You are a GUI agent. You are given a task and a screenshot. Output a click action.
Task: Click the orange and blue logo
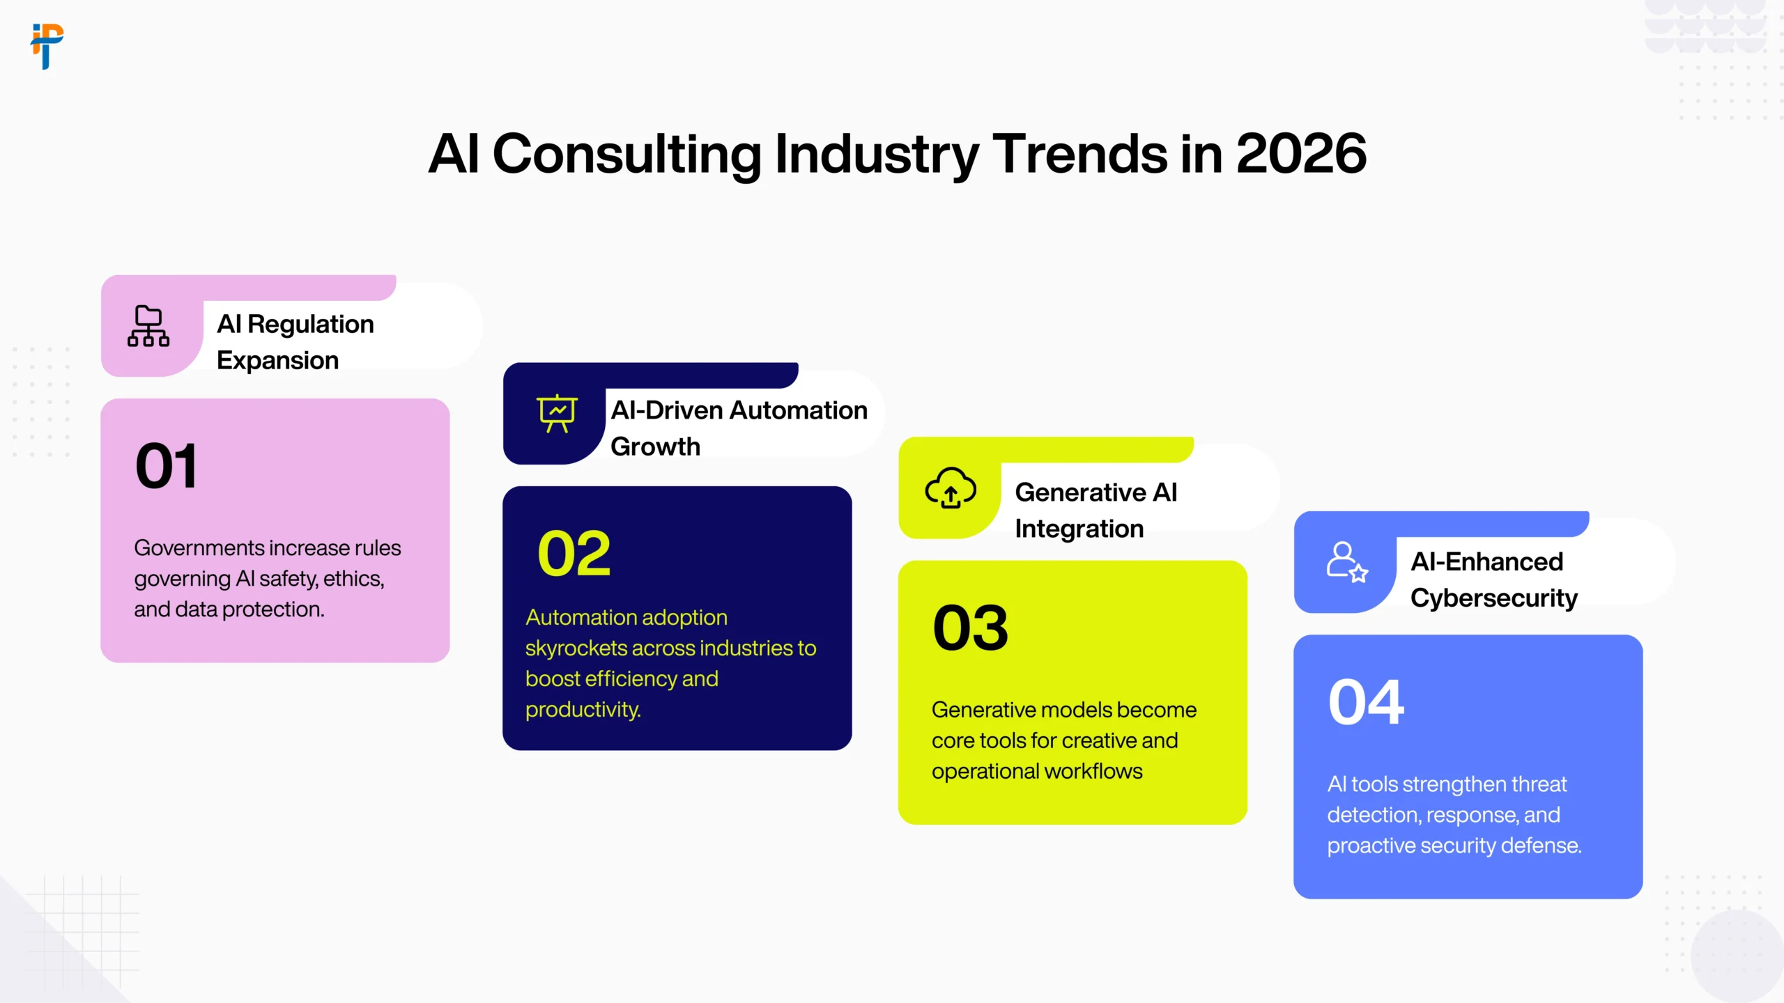tap(47, 46)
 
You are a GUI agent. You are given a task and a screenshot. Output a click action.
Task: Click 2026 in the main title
tap(1300, 154)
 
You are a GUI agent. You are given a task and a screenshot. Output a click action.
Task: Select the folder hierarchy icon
tap(148, 326)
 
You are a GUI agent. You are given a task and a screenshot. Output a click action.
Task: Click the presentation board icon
tap(557, 413)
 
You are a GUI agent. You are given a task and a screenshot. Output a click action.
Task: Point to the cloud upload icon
tap(951, 488)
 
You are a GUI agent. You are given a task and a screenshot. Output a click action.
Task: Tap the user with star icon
tap(1346, 562)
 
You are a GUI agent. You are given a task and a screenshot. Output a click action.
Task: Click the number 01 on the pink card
tap(167, 466)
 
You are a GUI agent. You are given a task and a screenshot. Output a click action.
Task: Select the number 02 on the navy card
tap(574, 554)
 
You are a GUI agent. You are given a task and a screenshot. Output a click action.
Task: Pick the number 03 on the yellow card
tap(970, 628)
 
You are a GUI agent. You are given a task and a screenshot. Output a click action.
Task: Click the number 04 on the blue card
tap(1366, 702)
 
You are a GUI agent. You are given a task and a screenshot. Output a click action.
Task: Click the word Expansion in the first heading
tap(277, 361)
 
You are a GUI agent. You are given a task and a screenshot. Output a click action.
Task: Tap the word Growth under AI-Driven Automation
tap(655, 446)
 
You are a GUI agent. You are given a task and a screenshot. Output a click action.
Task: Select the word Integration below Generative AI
tap(1079, 529)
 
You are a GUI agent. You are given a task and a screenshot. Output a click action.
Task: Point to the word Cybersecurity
tap(1493, 598)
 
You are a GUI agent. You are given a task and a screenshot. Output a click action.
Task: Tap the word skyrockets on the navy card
tap(576, 648)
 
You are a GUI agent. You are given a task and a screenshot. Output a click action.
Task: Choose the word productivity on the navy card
tap(583, 710)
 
